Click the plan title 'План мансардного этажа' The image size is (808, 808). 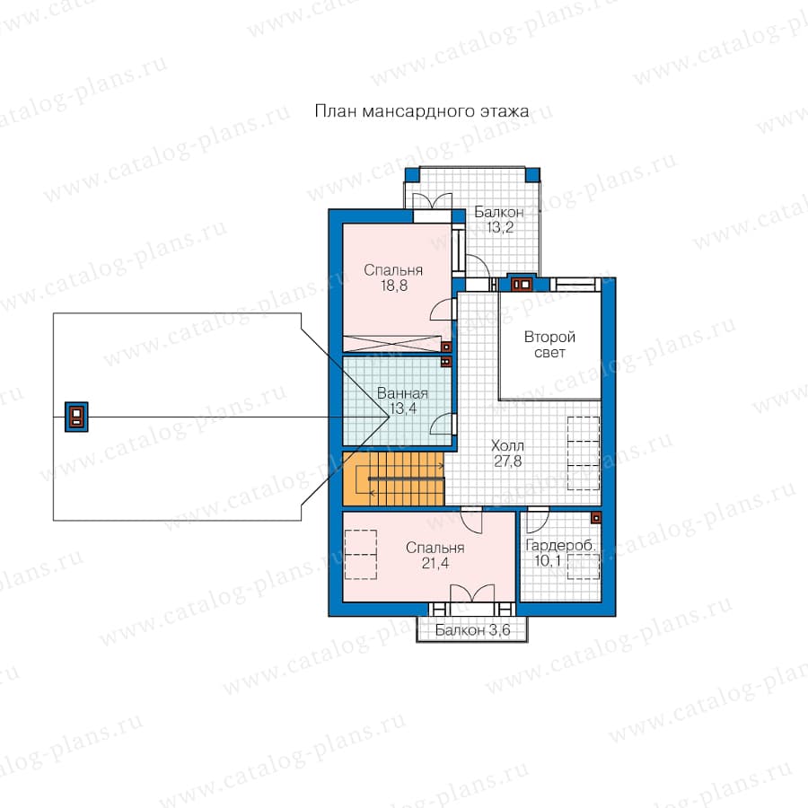coord(422,111)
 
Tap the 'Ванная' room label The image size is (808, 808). coord(402,393)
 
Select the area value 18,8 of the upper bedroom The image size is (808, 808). coord(394,285)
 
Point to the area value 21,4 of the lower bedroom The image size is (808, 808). coord(435,563)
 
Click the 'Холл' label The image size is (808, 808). coord(507,445)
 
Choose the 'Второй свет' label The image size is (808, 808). coord(549,345)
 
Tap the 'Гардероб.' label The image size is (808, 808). coord(560,545)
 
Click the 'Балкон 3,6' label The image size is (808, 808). coord(472,629)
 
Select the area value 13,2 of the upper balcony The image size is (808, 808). coord(500,227)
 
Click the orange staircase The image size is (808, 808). coord(393,479)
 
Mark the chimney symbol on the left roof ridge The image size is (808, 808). coord(76,417)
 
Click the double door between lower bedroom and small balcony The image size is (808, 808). coord(472,593)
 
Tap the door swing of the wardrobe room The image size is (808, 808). coord(537,520)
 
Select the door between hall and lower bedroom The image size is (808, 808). coord(471,520)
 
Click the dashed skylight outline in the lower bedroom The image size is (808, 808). coord(360,555)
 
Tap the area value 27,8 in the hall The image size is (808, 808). coord(507,461)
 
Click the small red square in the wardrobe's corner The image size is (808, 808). coord(596,517)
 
